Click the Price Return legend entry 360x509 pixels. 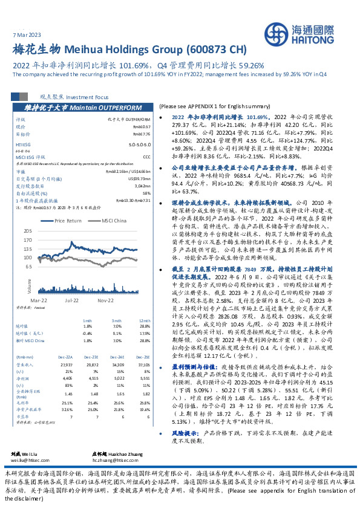point(68,221)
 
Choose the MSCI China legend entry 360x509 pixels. point(113,221)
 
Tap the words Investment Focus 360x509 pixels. point(86,96)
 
